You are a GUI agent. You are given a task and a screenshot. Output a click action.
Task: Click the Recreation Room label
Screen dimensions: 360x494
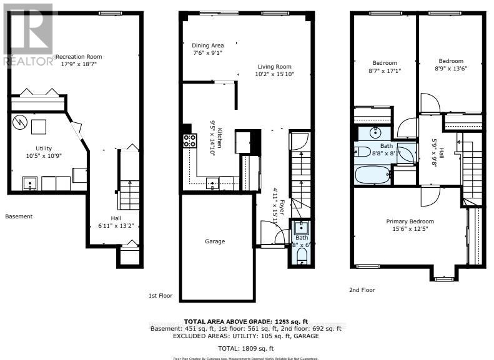click(x=78, y=57)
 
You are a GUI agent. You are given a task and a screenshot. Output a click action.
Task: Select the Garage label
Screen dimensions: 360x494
click(x=215, y=241)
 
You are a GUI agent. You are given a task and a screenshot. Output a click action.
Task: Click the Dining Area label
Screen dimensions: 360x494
click(x=207, y=45)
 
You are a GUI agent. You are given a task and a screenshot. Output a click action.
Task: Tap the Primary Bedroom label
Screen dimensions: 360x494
click(x=410, y=221)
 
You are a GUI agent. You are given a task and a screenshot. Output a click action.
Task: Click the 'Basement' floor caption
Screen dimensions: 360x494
click(x=19, y=216)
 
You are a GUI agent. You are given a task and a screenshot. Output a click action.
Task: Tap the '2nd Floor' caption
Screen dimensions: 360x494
click(x=362, y=290)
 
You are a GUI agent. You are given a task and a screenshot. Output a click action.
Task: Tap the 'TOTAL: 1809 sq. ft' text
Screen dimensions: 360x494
click(x=247, y=348)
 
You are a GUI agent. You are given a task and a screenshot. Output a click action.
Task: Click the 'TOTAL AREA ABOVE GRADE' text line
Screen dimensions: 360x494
click(x=247, y=319)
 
